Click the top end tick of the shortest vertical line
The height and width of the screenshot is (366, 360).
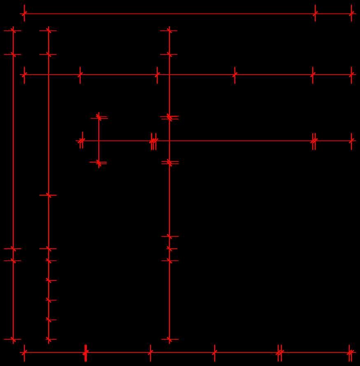[99, 117]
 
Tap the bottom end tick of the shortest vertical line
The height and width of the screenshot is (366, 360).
[99, 163]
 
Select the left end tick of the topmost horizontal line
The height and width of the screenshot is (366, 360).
[24, 14]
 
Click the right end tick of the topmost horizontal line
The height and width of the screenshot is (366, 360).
[351, 14]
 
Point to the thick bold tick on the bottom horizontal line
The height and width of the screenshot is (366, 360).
[86, 352]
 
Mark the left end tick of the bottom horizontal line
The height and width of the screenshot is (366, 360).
[24, 352]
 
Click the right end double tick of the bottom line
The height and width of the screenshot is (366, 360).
[350, 352]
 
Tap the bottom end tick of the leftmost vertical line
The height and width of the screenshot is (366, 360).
[13, 339]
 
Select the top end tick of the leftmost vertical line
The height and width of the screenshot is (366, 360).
[13, 30]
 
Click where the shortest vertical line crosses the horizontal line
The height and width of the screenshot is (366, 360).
[99, 141]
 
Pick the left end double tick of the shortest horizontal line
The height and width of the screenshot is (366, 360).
[81, 141]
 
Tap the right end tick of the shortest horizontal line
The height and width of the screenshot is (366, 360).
[351, 141]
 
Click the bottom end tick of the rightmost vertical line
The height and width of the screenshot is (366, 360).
[170, 339]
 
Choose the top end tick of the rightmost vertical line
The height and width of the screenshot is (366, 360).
[170, 30]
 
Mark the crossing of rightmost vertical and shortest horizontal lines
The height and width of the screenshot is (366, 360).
[170, 141]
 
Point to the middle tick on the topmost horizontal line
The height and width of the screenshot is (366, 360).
[315, 14]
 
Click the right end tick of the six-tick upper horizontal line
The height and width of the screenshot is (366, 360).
[351, 75]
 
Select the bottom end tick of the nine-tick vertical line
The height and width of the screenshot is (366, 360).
[49, 339]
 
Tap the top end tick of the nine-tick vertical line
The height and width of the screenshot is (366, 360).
[49, 30]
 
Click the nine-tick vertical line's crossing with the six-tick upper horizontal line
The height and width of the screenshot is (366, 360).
[49, 75]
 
